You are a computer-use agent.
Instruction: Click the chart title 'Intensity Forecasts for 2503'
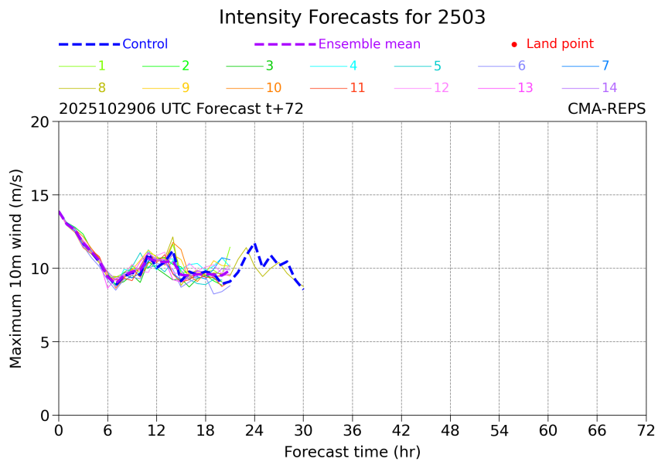click(352, 17)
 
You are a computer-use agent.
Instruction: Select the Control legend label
click(145, 44)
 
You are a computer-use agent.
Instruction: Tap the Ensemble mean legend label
click(369, 44)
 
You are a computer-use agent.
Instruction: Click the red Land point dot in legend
click(514, 45)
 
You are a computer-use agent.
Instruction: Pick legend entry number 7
click(605, 66)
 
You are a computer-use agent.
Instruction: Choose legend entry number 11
click(356, 87)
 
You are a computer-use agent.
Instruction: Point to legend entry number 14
click(609, 87)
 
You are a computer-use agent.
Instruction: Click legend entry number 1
click(101, 66)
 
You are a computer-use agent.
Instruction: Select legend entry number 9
click(185, 87)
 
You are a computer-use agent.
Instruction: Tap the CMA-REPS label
click(606, 109)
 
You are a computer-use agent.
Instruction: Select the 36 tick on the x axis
click(353, 430)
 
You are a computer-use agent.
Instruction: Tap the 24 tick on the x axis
click(254, 430)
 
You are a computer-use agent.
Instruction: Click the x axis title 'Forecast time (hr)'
click(352, 452)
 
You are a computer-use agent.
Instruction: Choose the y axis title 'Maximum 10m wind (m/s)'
click(16, 268)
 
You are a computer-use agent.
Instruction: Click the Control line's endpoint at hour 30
click(303, 289)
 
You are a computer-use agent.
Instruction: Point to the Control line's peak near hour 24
click(254, 244)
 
